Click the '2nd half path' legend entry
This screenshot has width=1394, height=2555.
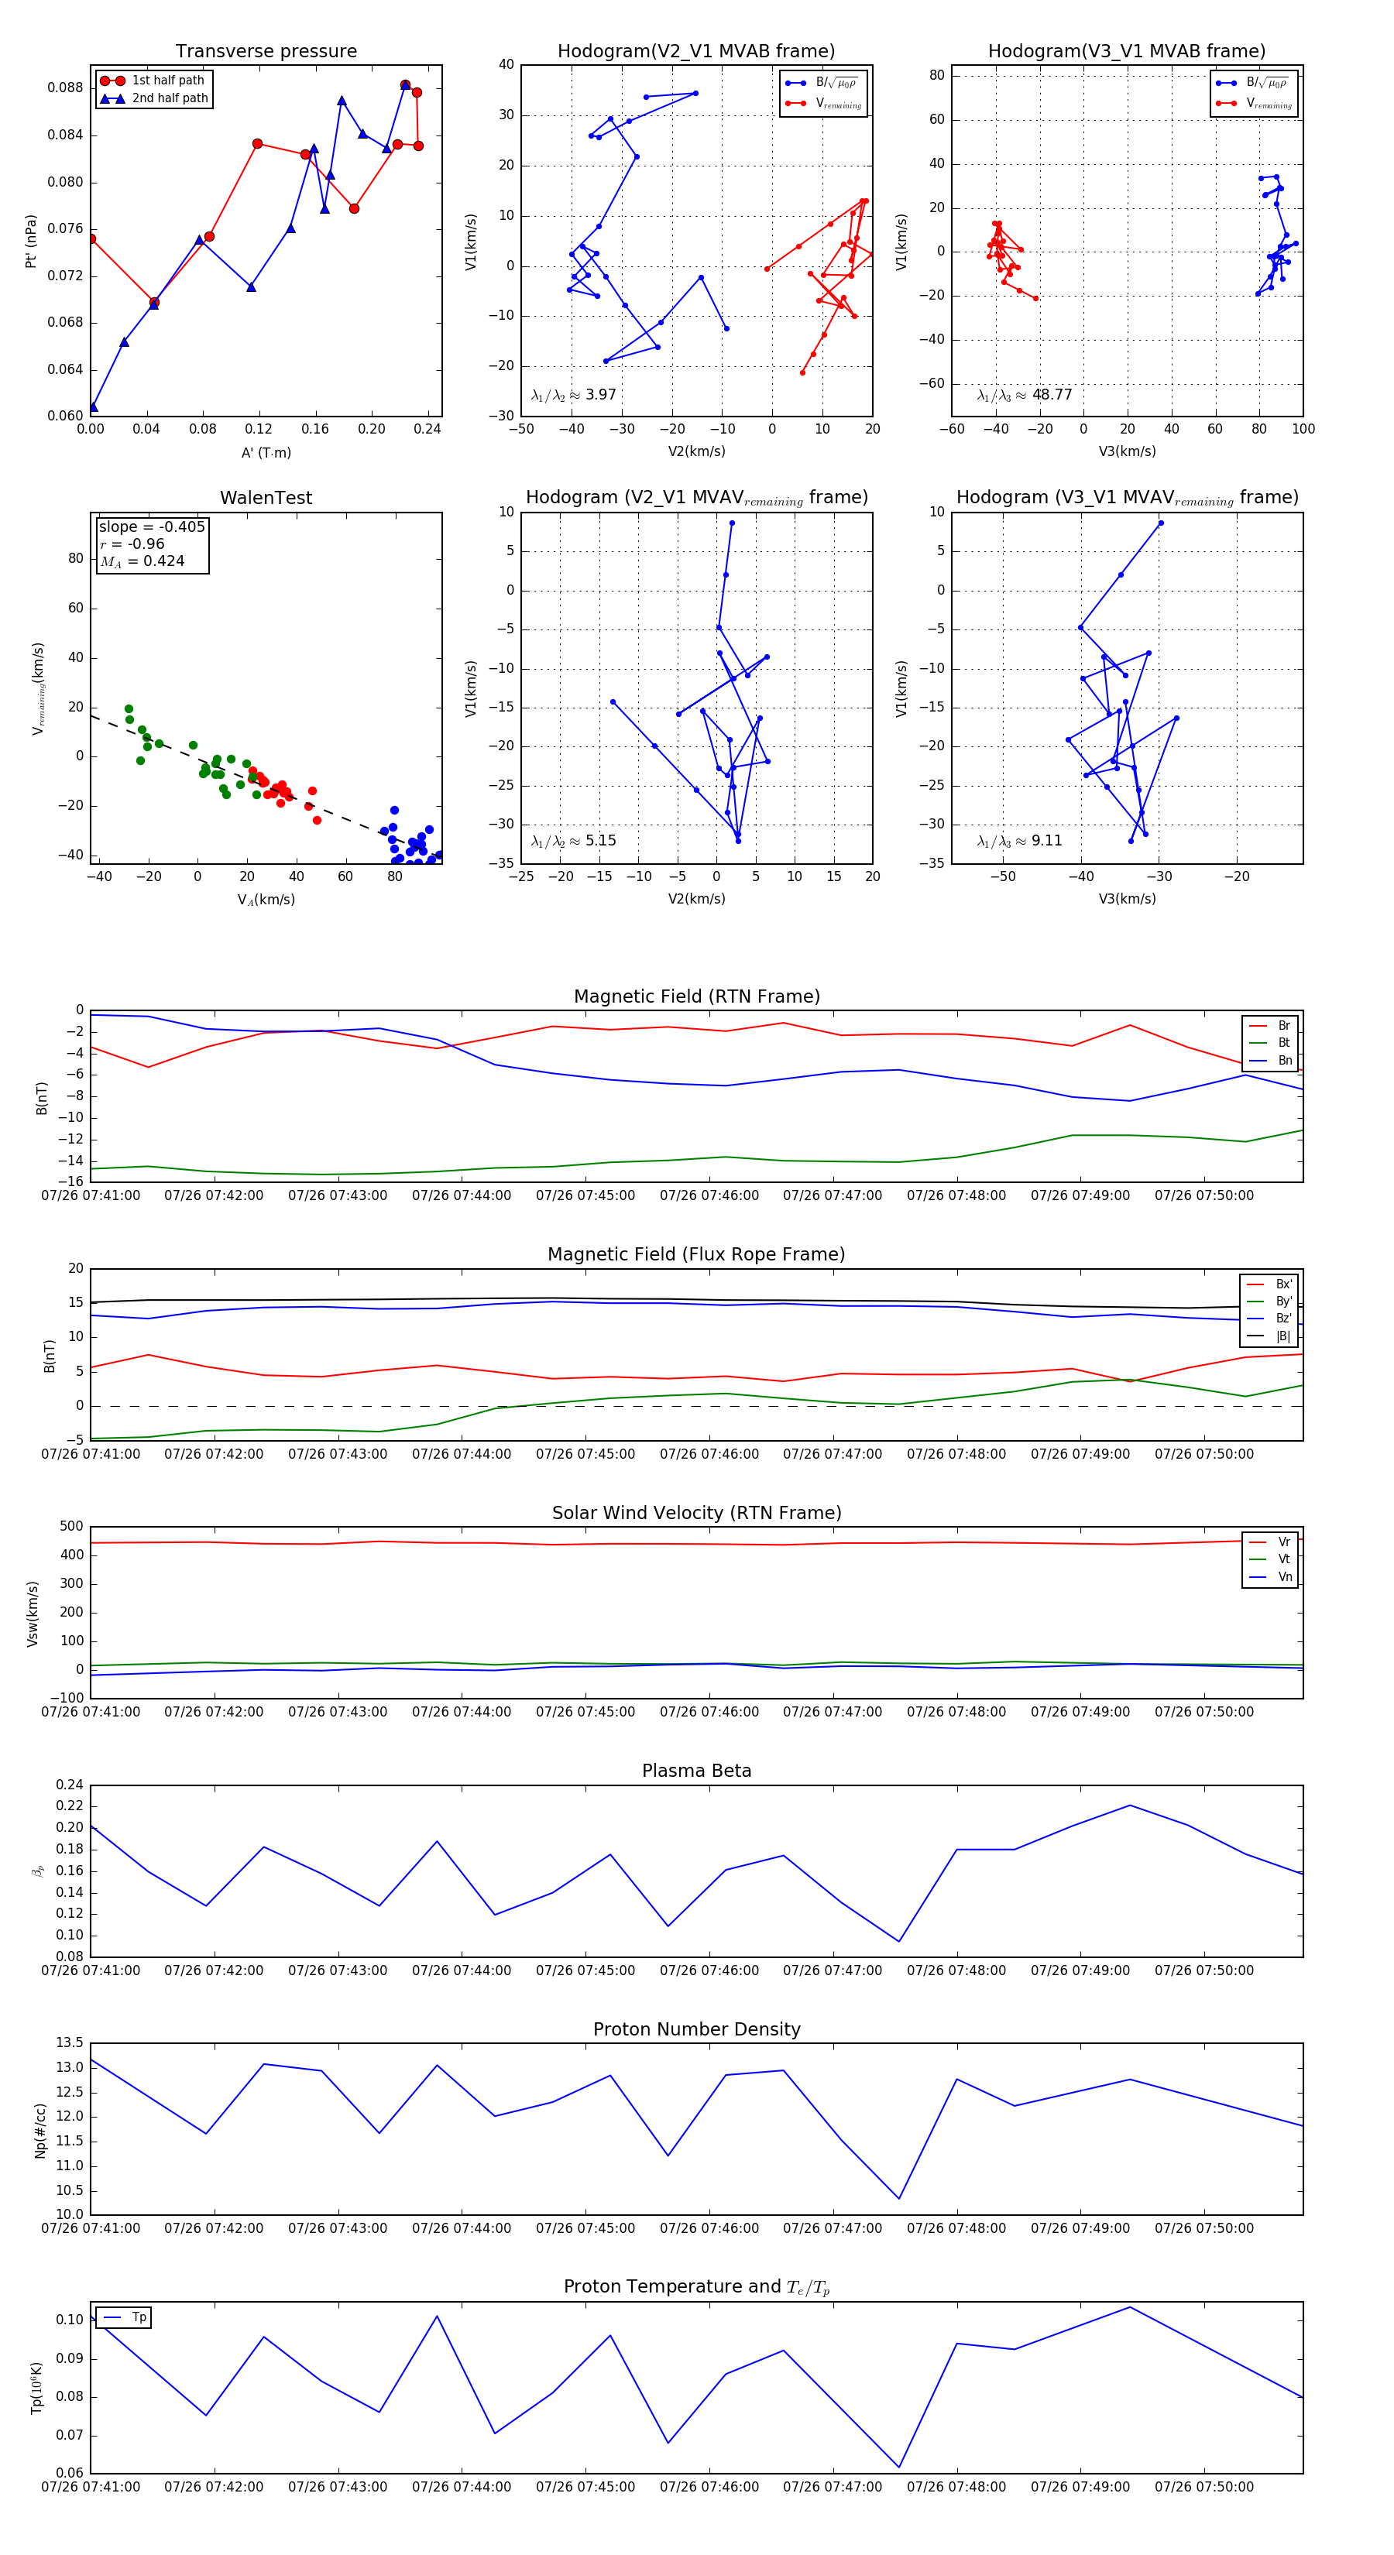point(170,98)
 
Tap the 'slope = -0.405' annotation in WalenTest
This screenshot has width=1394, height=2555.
point(152,526)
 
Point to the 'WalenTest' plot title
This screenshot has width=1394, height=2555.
point(266,498)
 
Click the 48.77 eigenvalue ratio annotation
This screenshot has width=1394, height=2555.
point(1025,395)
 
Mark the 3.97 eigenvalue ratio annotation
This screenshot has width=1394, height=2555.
point(573,395)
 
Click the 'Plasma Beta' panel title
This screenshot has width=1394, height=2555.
point(696,1771)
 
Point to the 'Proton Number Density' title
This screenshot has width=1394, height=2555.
point(696,2029)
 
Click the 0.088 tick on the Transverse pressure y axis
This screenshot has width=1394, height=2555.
point(66,87)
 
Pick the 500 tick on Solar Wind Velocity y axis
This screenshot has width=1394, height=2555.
point(71,1527)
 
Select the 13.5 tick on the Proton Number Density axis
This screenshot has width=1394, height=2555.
point(70,2042)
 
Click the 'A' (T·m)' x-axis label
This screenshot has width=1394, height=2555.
point(266,452)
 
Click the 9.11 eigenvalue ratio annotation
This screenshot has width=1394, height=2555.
point(1019,841)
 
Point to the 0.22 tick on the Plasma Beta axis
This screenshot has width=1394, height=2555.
point(70,1806)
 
